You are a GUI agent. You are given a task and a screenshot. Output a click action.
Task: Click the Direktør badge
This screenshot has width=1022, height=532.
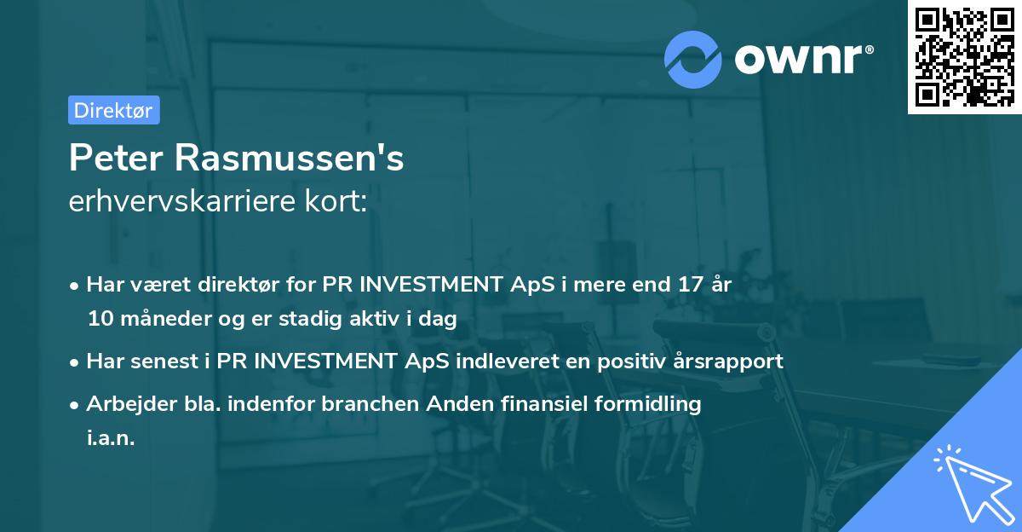click(113, 110)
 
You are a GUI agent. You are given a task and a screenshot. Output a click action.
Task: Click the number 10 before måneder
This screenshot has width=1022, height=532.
click(100, 319)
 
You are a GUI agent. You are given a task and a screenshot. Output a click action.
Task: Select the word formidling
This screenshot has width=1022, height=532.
click(646, 403)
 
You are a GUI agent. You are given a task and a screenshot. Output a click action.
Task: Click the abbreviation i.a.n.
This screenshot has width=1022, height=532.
click(111, 438)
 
